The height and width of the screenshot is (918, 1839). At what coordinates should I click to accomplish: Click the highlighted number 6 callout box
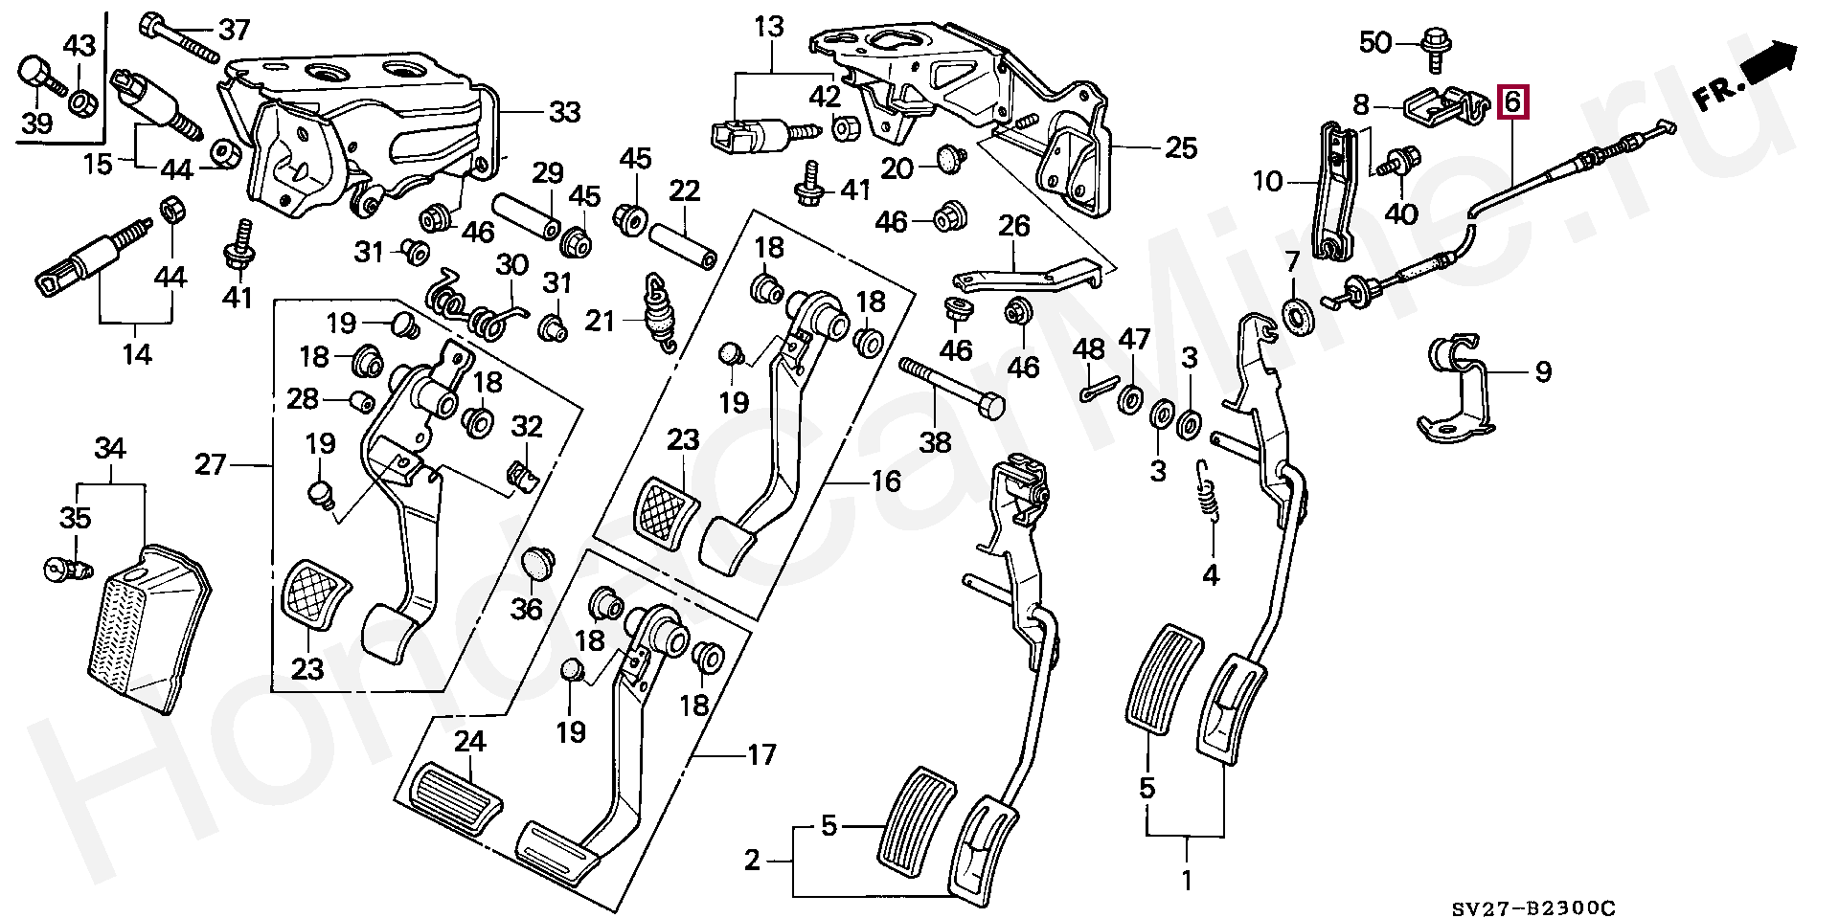(1513, 101)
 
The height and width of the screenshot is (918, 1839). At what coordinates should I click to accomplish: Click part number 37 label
(235, 30)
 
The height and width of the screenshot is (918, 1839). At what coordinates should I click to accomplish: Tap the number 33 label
(565, 113)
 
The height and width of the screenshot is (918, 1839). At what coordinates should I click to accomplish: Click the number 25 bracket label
(1182, 148)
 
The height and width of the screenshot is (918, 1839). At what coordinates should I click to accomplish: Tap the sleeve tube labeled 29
(526, 219)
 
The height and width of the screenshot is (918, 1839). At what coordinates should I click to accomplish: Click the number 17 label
(761, 756)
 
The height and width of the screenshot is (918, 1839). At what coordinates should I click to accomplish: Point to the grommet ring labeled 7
(1298, 317)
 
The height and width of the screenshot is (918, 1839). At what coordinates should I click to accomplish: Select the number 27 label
(211, 466)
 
